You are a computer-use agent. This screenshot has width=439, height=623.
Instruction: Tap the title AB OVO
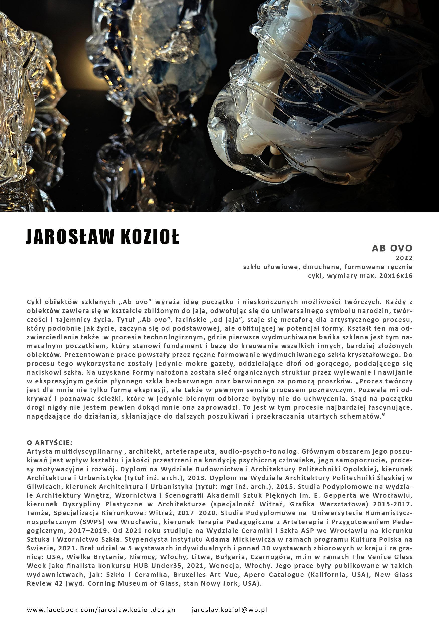(392, 248)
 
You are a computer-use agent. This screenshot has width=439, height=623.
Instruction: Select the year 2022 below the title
(404, 258)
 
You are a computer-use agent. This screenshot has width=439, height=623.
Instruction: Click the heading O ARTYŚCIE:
(50, 443)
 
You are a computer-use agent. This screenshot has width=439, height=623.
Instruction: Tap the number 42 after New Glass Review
(57, 583)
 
